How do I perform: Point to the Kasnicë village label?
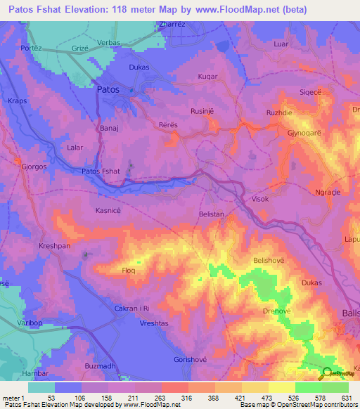tap(110, 210)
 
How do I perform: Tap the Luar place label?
tap(281, 44)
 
